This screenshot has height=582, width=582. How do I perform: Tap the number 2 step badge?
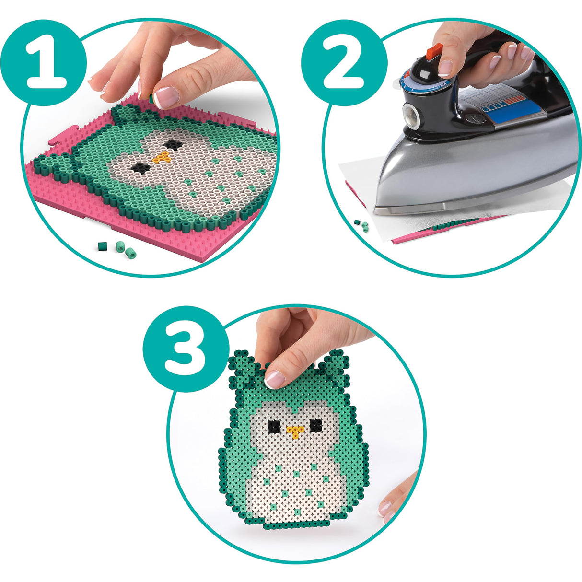(x=345, y=62)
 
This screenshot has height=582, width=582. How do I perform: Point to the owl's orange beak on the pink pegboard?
(x=163, y=157)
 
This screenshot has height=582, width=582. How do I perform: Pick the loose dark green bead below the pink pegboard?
(x=102, y=246)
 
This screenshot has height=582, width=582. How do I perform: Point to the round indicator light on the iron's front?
(x=411, y=115)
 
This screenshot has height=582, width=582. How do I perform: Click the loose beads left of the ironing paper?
(x=362, y=225)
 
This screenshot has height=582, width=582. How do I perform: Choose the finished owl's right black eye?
(x=315, y=425)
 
